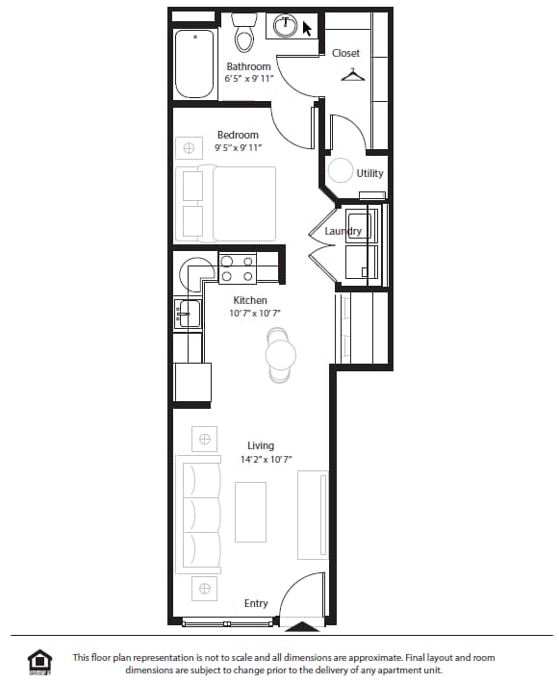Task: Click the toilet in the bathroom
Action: (x=244, y=36)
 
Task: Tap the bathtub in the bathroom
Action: (x=194, y=63)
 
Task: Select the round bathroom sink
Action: (x=286, y=27)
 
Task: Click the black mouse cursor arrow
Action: (x=308, y=29)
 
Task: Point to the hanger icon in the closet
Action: (x=353, y=74)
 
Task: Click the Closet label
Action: (x=345, y=53)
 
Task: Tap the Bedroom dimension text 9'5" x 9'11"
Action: (x=238, y=148)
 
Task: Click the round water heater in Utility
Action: (x=341, y=171)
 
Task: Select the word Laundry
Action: (x=343, y=232)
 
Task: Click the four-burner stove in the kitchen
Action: (x=238, y=268)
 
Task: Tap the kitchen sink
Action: (x=188, y=313)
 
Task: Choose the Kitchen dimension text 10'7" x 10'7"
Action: (x=255, y=314)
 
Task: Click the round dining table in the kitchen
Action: (x=280, y=355)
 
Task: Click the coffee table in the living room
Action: (x=250, y=510)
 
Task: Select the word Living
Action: (x=260, y=445)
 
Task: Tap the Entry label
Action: (x=256, y=603)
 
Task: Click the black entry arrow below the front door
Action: (x=303, y=627)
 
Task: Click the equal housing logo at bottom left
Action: (x=40, y=661)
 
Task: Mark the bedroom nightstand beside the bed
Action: (x=190, y=148)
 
